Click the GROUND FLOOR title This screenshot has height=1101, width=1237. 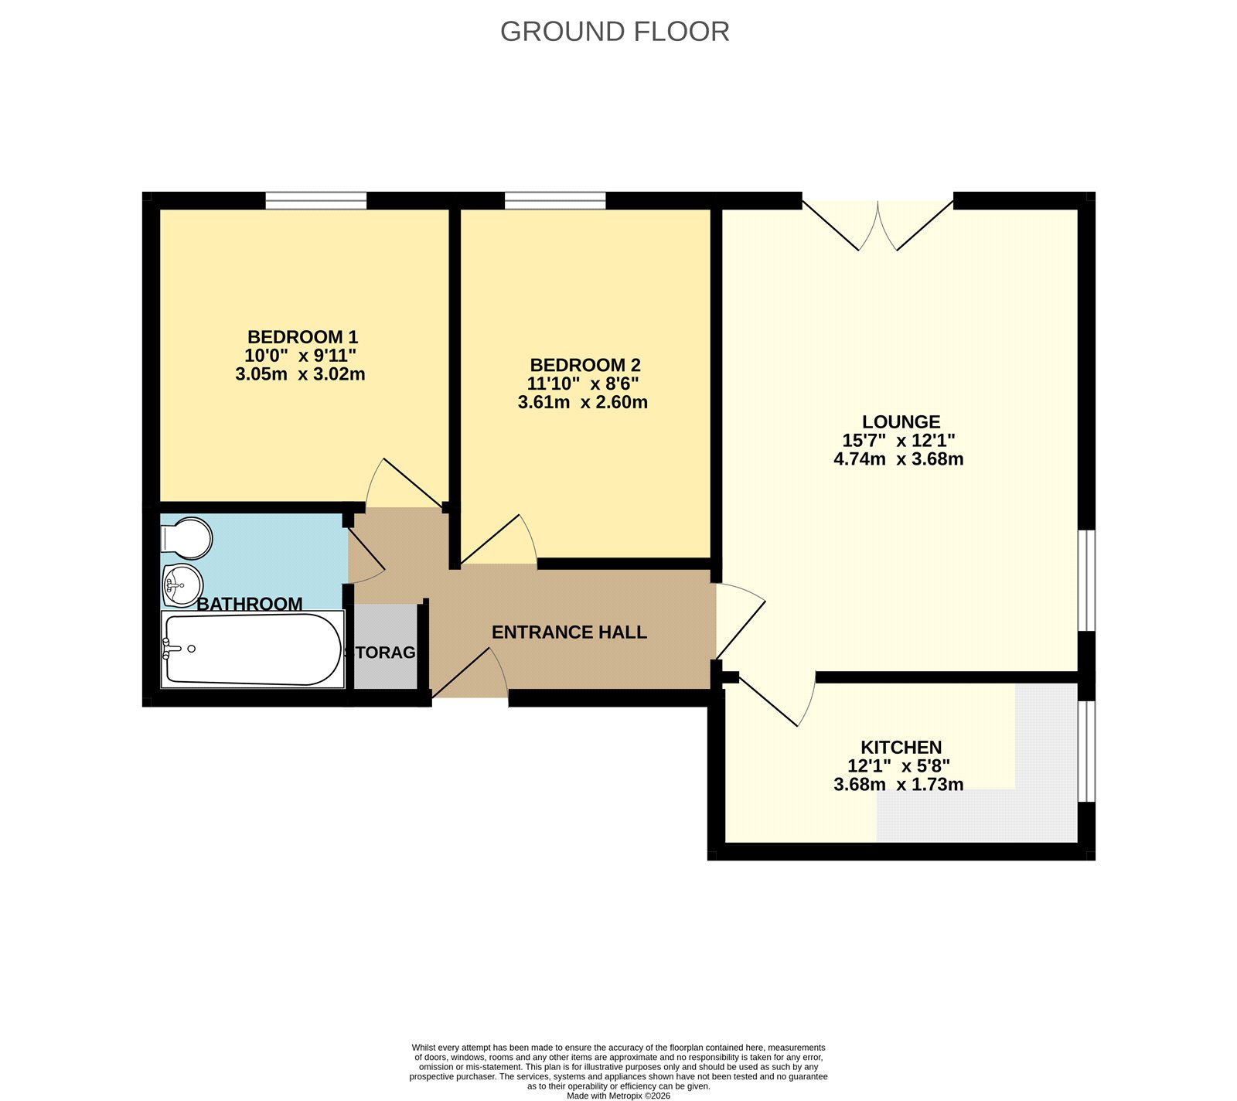(615, 32)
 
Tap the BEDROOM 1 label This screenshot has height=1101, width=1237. (302, 337)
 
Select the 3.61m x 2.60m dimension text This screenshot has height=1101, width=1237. (583, 402)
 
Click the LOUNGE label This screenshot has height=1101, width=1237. (901, 422)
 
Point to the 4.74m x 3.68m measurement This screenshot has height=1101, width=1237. (898, 459)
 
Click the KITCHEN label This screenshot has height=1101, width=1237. (901, 748)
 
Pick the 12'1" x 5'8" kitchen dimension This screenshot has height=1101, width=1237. (898, 766)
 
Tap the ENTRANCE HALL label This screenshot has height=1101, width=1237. (569, 632)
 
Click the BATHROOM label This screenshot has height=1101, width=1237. (250, 604)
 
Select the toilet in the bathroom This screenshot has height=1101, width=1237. (186, 538)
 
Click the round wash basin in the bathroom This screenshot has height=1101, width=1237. (182, 585)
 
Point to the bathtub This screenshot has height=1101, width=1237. (252, 649)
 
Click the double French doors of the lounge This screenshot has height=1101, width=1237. (877, 224)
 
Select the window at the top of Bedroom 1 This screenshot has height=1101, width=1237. (315, 201)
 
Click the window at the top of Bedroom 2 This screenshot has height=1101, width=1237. (555, 201)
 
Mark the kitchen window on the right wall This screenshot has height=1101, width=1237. (1086, 752)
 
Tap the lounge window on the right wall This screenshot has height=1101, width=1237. (1086, 580)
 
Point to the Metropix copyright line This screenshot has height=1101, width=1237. (618, 1096)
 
